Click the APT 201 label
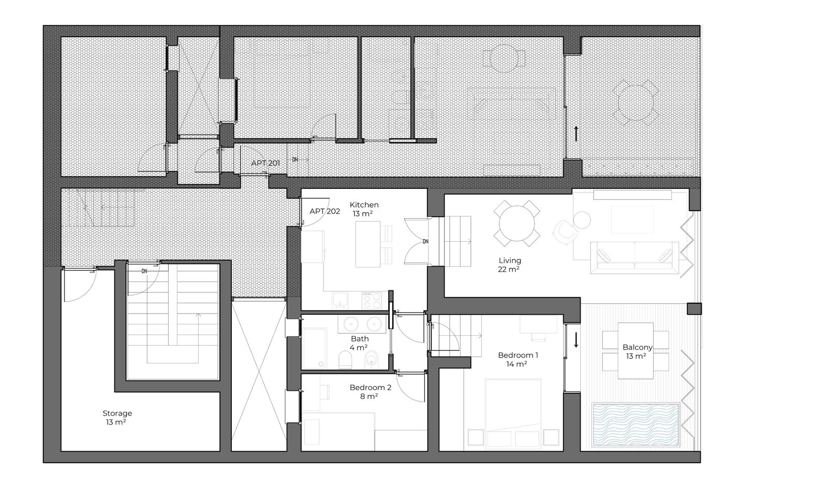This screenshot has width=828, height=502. pos(265,163)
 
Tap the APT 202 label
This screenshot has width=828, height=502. pos(324,212)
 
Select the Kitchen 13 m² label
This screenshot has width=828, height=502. pos(364,209)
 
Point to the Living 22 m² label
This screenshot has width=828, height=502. pos(509,264)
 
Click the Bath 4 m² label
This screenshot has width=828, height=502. pos(359,343)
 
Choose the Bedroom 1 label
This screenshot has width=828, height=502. pos(517,355)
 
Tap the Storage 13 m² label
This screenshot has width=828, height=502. pos(117,417)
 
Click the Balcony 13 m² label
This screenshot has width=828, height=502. pos(637,351)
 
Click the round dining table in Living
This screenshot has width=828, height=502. pos(517,223)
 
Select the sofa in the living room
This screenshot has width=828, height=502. pos(634,258)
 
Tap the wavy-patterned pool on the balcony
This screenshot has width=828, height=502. pos(636,425)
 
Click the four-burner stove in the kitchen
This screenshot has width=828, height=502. pos(372,300)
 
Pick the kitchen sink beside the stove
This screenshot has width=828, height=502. pos(339,300)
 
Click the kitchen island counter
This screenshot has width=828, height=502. pos(368,244)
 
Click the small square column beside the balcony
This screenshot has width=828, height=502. pos(694,308)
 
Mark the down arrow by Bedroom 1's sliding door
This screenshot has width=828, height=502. pos(576,340)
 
